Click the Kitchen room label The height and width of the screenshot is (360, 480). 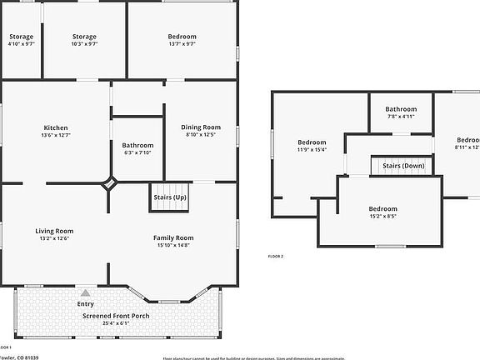click(56, 127)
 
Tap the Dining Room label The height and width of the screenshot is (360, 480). click(200, 127)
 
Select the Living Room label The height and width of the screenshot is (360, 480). click(54, 231)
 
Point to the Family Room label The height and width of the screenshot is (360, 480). click(172, 237)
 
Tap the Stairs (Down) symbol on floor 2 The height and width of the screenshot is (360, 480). click(402, 166)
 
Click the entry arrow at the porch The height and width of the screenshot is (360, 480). click(84, 293)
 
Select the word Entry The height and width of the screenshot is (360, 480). click(85, 304)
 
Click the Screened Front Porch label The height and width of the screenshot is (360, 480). click(117, 316)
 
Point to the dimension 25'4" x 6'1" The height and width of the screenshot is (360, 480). click(117, 323)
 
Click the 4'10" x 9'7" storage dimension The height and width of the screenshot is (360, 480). click(22, 43)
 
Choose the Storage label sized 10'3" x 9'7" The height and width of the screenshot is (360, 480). click(84, 37)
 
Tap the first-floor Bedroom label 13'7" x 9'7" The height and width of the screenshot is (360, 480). click(182, 37)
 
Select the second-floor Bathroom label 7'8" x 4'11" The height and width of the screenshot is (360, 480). click(401, 109)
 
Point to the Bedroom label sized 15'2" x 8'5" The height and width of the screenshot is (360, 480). click(382, 208)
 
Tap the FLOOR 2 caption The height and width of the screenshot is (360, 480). click(275, 257)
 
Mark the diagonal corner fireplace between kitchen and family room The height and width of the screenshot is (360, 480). click(110, 184)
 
